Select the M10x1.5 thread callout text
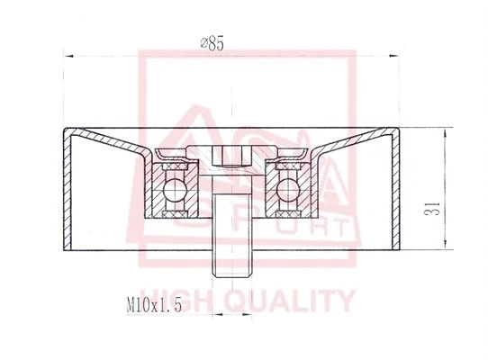tap(155, 306)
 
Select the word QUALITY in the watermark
tap(302, 300)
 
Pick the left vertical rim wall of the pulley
tap(66, 188)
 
